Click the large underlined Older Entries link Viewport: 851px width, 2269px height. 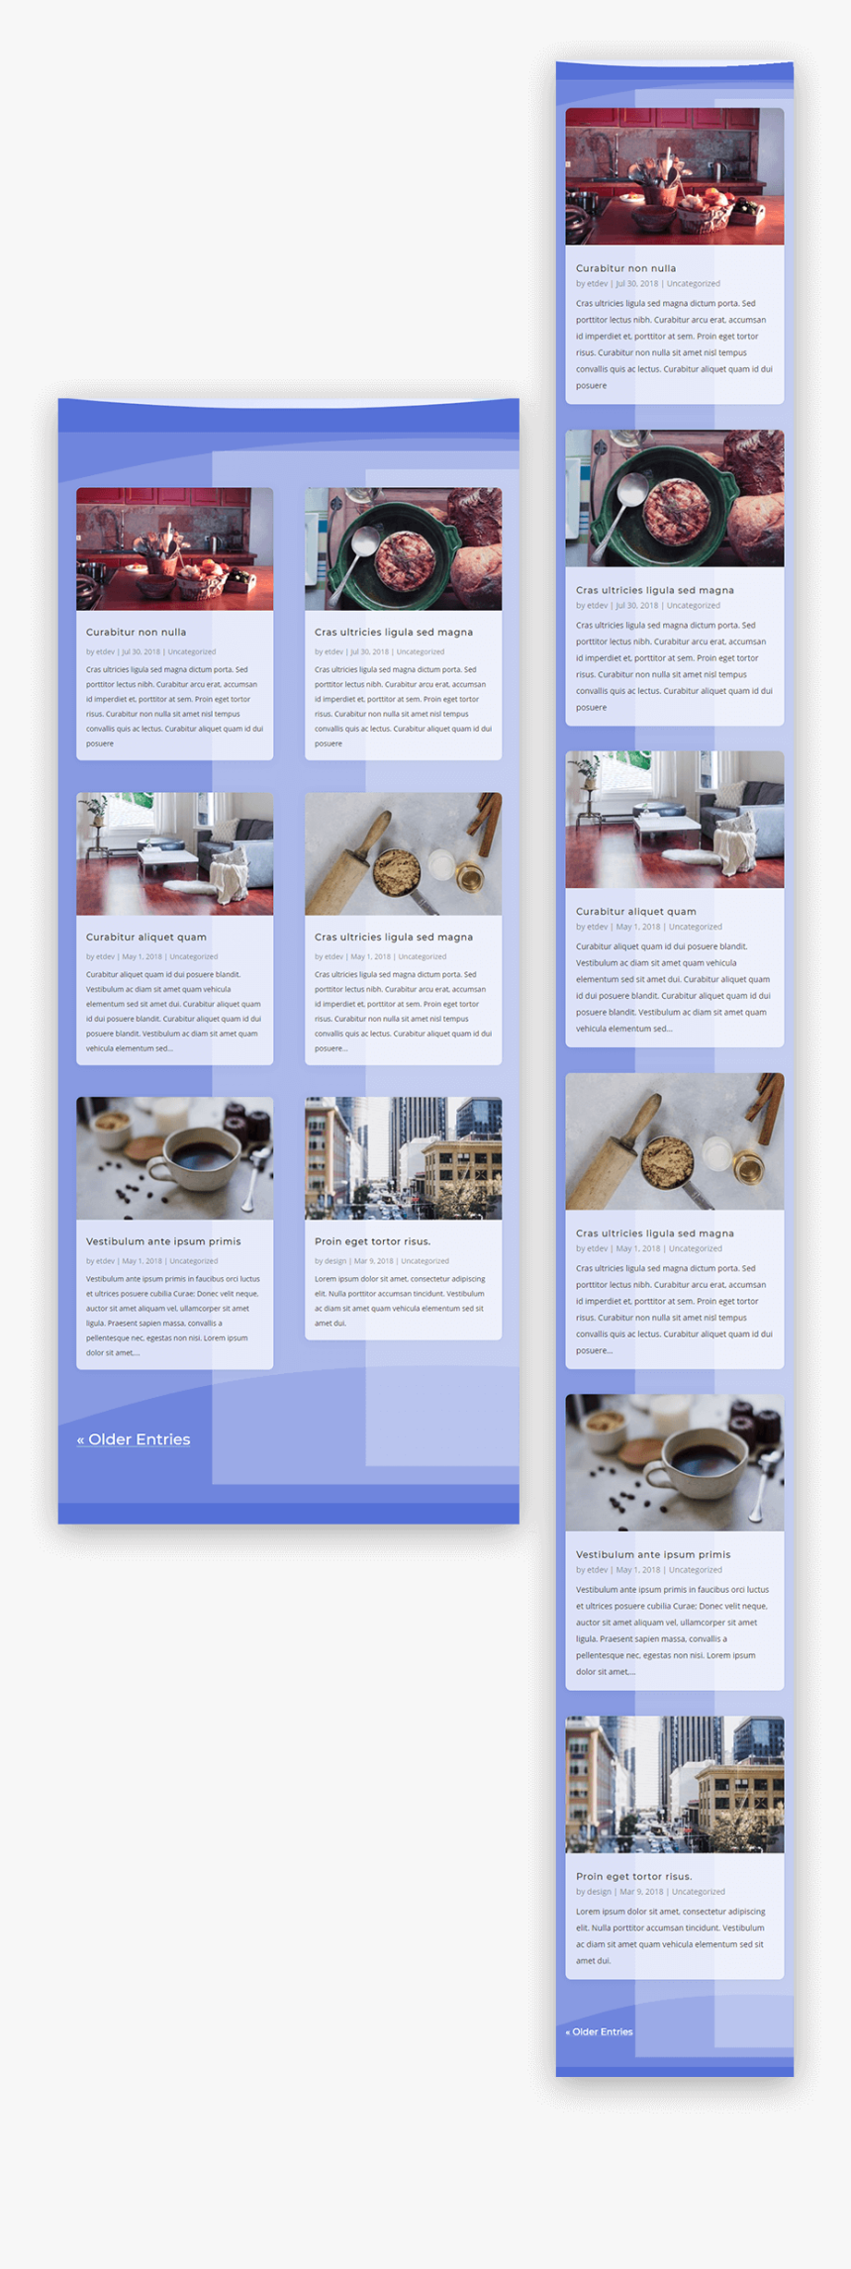pyautogui.click(x=134, y=1439)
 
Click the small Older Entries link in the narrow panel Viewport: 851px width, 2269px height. pyautogui.click(x=599, y=2031)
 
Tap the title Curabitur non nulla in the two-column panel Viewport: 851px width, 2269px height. pyautogui.click(x=136, y=632)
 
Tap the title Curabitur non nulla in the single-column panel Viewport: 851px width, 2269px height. pyautogui.click(x=625, y=268)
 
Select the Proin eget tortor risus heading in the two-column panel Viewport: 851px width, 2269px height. pyautogui.click(x=372, y=1241)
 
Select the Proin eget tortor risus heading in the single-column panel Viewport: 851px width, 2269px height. pyautogui.click(x=633, y=1876)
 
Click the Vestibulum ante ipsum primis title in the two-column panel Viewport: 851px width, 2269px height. pyautogui.click(x=163, y=1241)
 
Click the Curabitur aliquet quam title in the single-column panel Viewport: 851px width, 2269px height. pyautogui.click(x=635, y=912)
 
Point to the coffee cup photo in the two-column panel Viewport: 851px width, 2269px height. pyautogui.click(x=174, y=1158)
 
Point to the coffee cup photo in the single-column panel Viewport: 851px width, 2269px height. pyautogui.click(x=674, y=1462)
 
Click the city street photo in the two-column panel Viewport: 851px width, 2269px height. pyautogui.click(x=403, y=1158)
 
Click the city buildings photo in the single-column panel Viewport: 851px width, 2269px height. pyautogui.click(x=674, y=1784)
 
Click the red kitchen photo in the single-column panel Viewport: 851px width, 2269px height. pyautogui.click(x=674, y=176)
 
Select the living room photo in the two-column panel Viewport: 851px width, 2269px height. pyautogui.click(x=174, y=853)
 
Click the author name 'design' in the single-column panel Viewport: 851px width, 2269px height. pyautogui.click(x=599, y=1892)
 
